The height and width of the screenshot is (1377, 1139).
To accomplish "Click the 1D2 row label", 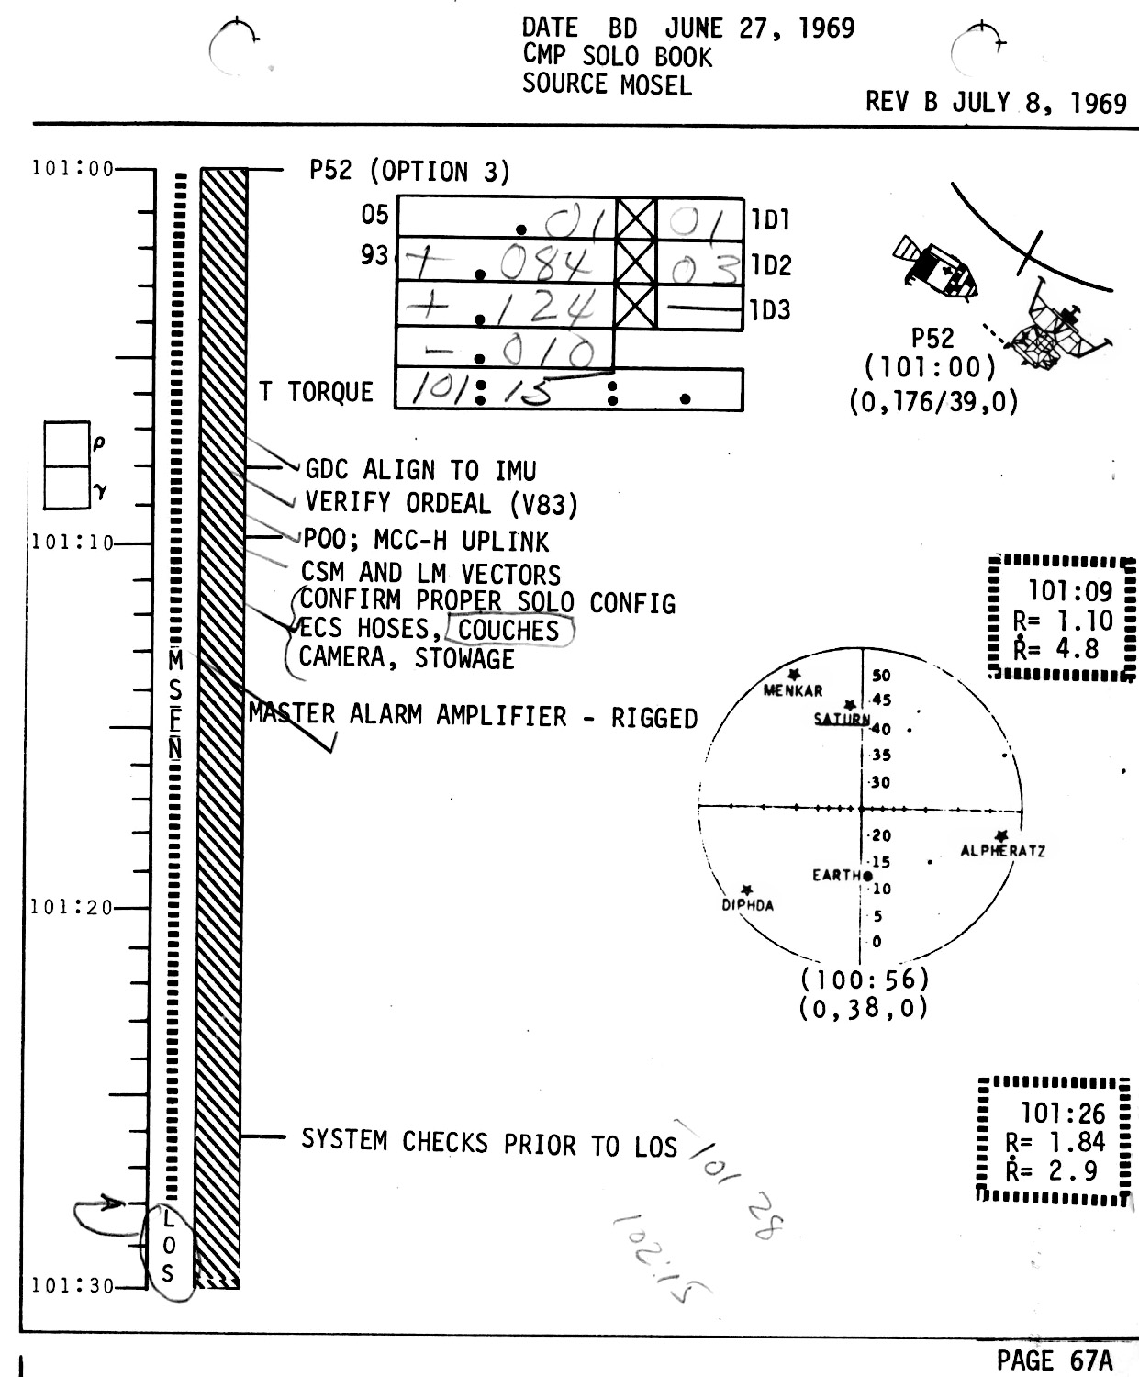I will pos(771,265).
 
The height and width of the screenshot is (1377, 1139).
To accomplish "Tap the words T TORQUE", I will pos(316,392).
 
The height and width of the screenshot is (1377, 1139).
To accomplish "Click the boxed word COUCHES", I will pos(508,630).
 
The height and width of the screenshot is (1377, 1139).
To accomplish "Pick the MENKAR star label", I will pos(793,690).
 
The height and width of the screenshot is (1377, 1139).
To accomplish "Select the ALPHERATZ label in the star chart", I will pos(1002,851).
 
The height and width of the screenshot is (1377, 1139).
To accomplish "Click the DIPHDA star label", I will pos(747,905).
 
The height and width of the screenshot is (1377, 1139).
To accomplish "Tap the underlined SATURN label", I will pos(841,719).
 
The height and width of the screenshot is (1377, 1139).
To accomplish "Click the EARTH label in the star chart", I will pos(835,875).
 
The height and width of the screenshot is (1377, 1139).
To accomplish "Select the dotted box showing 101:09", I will pos(1063,618).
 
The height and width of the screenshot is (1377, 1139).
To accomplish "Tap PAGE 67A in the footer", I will pos(1054,1360).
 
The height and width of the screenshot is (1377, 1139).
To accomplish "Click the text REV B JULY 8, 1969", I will pos(996,102).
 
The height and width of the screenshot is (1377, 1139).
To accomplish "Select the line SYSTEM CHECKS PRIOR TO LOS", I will pos(488,1142).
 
